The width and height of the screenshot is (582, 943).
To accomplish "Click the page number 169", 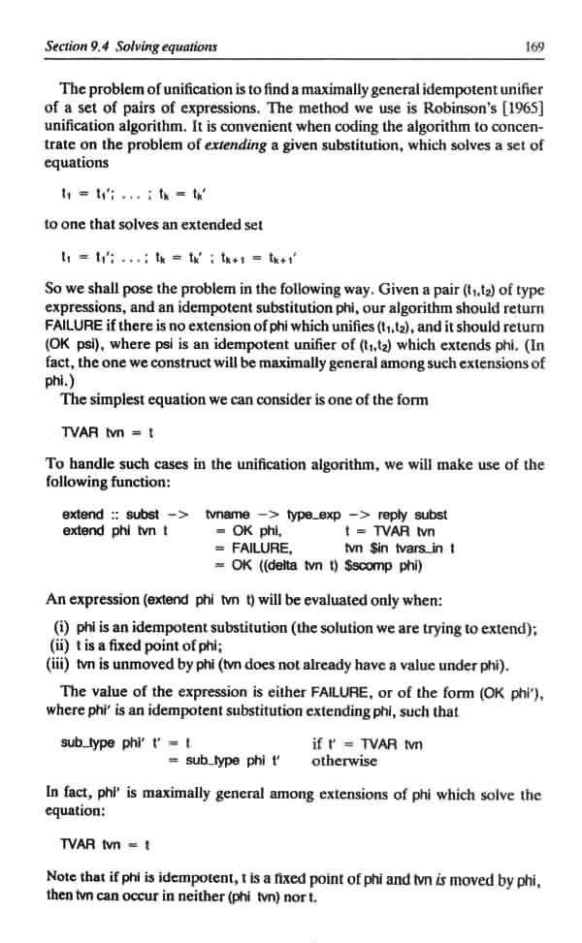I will tap(533, 46).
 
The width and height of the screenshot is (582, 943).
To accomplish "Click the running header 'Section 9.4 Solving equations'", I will tap(132, 46).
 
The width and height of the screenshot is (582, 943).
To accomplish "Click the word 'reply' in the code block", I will tap(393, 515).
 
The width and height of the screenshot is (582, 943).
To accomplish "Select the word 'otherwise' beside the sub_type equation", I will tap(344, 760).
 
